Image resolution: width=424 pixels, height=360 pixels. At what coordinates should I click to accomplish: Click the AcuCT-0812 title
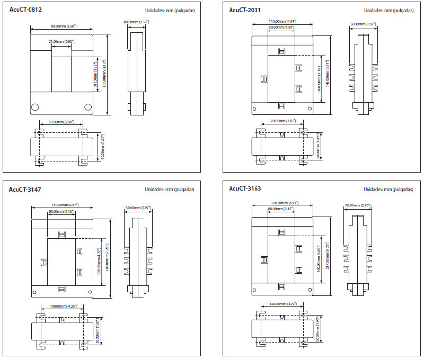25,9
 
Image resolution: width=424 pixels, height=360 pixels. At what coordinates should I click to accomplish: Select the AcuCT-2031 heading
245,10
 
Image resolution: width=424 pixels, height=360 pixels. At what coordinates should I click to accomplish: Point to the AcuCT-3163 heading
245,188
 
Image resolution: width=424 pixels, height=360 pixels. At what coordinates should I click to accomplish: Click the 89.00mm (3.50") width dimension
64,26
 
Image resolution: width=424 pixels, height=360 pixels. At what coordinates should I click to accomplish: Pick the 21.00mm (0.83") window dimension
61,41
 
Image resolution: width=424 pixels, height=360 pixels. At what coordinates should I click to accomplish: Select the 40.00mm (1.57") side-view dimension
136,22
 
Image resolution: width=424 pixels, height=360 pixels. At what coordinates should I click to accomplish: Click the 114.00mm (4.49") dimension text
282,22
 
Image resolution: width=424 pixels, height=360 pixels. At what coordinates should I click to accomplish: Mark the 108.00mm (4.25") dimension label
64,306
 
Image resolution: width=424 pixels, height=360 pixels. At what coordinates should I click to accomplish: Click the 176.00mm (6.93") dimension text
285,203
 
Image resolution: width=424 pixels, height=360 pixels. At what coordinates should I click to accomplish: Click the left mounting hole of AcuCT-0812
35,106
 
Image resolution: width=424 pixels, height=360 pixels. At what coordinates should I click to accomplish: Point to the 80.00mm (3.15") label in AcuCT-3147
61,211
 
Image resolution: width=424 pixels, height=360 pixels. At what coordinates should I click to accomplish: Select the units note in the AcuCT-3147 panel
170,189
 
